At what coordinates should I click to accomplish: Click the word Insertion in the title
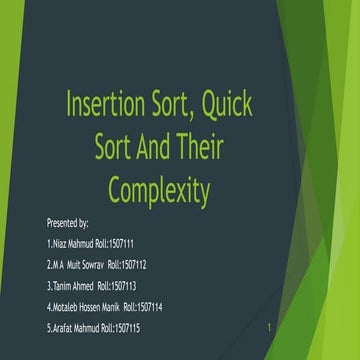click(x=106, y=103)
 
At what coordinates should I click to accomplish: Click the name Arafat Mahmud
click(x=78, y=328)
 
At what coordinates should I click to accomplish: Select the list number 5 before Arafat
click(x=49, y=328)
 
